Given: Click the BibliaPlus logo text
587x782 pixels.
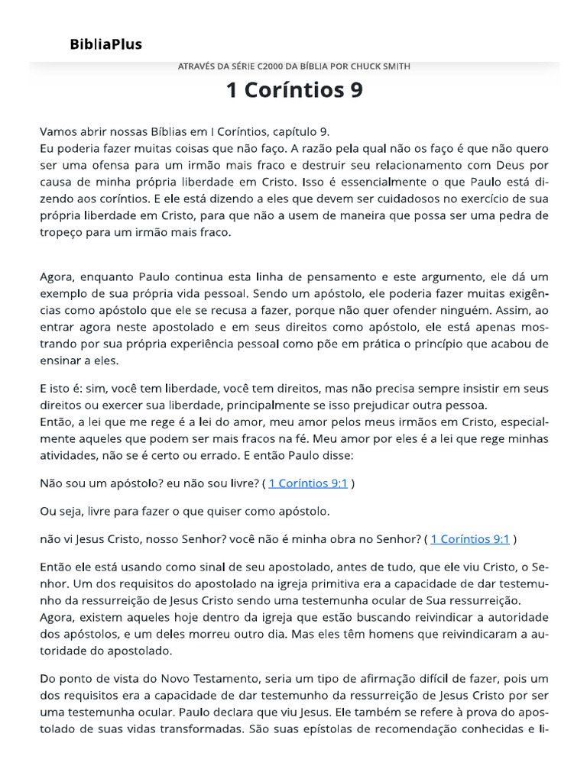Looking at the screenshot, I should pos(106,44).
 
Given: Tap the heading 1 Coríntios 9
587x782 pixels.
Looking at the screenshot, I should pos(294,90).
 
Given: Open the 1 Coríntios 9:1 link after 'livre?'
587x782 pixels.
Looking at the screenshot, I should pos(308,483).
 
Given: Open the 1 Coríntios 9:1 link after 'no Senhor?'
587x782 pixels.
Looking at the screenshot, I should pos(470,539).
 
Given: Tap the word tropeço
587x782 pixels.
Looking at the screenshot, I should pos(63,233).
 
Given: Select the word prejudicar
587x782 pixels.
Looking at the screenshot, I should pos(360,406).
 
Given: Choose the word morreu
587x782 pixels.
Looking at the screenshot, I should pos(207,635).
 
